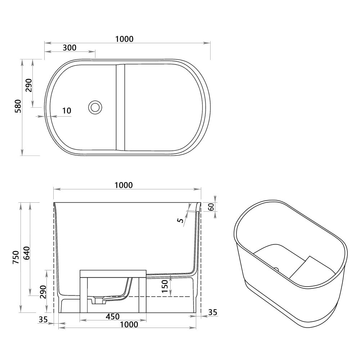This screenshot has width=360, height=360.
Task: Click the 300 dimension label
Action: [x=69, y=48]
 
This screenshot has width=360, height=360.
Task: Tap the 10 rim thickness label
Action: [x=67, y=111]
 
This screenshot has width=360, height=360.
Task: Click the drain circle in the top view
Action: [x=95, y=107]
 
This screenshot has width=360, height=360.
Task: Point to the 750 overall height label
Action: [x=15, y=257]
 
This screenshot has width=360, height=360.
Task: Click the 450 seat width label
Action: [x=112, y=316]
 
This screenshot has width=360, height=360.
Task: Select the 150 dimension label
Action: [x=165, y=287]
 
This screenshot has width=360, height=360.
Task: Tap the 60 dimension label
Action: [x=211, y=207]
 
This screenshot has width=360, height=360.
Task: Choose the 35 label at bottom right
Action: [x=213, y=312]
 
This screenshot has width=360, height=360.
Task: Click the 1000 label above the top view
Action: [x=124, y=39]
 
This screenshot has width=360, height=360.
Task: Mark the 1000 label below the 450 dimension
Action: [x=129, y=324]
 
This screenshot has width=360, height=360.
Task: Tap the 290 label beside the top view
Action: [x=29, y=85]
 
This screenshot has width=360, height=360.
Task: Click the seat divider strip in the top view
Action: [x=120, y=107]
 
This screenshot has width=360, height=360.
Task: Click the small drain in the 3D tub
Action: [x=276, y=268]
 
